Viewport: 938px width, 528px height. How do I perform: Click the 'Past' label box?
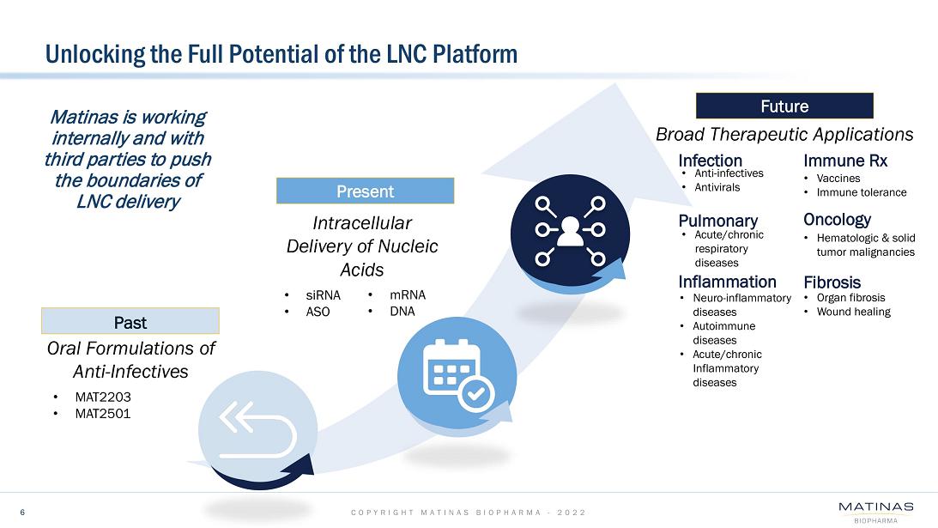click(130, 321)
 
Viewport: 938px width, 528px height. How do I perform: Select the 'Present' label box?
click(365, 191)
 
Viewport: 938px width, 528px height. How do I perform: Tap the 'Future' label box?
click(784, 106)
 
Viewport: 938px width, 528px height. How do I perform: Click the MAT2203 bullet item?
click(103, 397)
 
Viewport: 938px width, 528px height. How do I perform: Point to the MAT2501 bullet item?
click(103, 414)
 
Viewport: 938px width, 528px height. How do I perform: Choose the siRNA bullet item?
click(323, 295)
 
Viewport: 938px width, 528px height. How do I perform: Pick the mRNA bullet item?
click(408, 295)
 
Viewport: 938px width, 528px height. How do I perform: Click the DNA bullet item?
click(402, 312)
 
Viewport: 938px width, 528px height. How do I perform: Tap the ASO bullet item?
click(318, 312)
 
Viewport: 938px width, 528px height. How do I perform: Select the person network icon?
click(570, 230)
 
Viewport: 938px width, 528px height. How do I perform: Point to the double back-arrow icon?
click(257, 429)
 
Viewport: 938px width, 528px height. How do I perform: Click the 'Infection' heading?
click(710, 161)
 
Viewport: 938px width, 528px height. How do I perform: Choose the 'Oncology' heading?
click(837, 220)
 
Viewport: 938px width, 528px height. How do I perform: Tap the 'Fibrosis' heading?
click(832, 282)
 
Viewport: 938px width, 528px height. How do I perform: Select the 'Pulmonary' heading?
click(717, 221)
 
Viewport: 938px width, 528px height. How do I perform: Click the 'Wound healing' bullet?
click(854, 312)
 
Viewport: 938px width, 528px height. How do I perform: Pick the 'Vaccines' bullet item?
click(838, 179)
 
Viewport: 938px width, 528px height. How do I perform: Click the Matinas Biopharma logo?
click(876, 513)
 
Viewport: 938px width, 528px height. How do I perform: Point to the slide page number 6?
click(22, 512)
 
